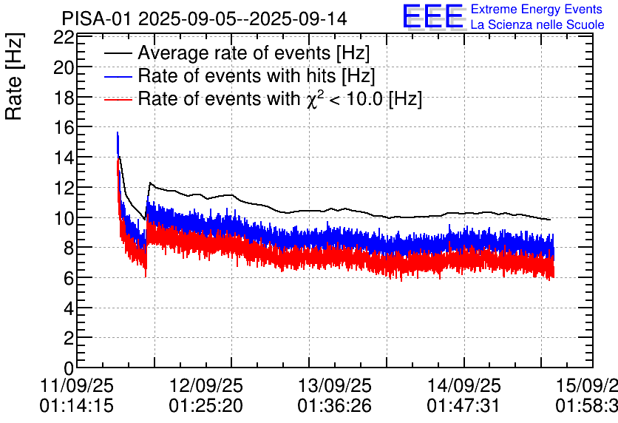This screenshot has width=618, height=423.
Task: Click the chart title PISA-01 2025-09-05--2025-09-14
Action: point(204,18)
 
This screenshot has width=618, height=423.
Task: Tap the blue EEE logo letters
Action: point(432,16)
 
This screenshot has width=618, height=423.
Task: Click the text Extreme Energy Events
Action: point(536,10)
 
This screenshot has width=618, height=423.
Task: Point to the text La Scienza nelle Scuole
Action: point(537,25)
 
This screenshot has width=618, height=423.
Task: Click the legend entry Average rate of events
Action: point(253,53)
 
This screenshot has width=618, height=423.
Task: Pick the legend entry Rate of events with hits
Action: point(256,75)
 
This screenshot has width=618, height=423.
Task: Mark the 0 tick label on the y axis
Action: point(68,368)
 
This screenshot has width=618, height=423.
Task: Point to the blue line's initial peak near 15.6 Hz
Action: point(118,133)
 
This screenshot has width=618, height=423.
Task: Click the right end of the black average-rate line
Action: point(550,220)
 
